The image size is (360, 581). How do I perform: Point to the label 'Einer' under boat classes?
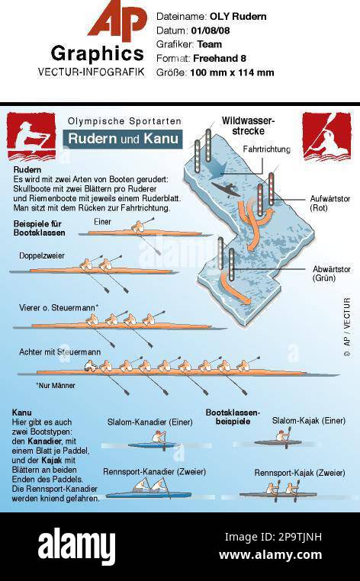pyautogui.click(x=102, y=221)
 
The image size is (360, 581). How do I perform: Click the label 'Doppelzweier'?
pyautogui.click(x=42, y=255)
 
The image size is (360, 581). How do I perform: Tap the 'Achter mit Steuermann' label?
pyautogui.click(x=60, y=351)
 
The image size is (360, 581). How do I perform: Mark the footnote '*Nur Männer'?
pyautogui.click(x=56, y=386)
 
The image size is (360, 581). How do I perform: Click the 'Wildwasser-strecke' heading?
pyautogui.click(x=248, y=126)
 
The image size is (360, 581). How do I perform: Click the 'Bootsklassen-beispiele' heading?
pyautogui.click(x=233, y=416)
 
